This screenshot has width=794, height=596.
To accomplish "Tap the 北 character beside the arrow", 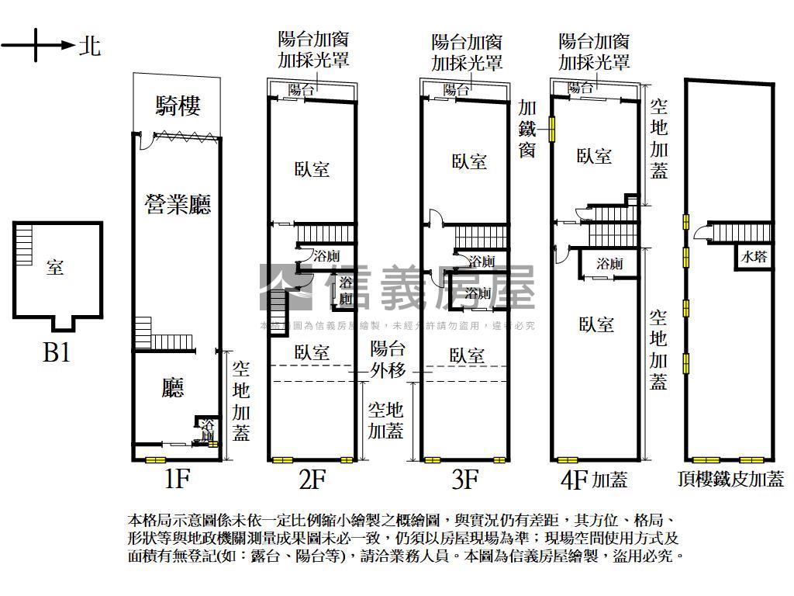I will (90, 47).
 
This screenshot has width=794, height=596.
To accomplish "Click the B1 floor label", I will (57, 353).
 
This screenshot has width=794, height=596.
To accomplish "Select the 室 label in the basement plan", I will (55, 268).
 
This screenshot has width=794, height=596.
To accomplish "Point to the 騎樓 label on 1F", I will (178, 106).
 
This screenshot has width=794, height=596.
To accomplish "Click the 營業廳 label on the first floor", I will (178, 204).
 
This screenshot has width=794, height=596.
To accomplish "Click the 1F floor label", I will (177, 480).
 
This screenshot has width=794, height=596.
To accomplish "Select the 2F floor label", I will (312, 480).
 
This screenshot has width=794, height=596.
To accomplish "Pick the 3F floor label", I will (464, 480).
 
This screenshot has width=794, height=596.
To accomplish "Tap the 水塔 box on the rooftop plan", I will (754, 257).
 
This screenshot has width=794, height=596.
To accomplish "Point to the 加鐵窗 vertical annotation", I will (527, 128).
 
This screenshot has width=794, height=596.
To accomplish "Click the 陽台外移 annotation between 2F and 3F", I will (388, 359).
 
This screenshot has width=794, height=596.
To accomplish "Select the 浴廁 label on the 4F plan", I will (609, 264).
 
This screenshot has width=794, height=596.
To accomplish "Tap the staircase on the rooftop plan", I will (740, 232).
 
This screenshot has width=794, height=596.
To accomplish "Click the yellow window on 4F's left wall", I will (553, 128).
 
